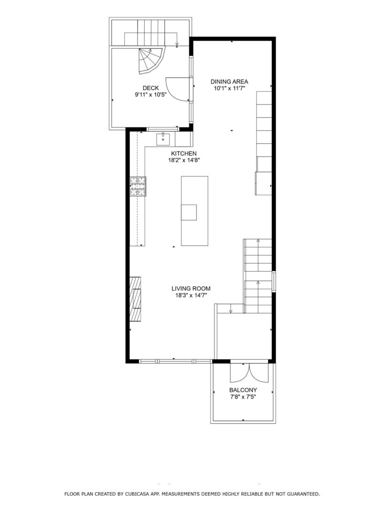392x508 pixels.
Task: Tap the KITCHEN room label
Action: click(x=183, y=154)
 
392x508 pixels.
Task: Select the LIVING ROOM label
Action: click(x=190, y=288)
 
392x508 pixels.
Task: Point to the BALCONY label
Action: click(x=243, y=390)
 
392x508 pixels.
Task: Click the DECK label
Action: click(x=150, y=88)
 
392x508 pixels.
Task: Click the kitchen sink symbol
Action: click(x=163, y=138)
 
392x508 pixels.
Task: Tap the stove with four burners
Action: click(x=138, y=186)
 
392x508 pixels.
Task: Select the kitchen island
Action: click(x=195, y=211)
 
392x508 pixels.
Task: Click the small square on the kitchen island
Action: click(x=189, y=213)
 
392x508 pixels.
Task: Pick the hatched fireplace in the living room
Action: click(x=136, y=299)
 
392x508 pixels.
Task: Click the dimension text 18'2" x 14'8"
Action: click(x=183, y=160)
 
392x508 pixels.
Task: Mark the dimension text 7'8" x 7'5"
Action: click(x=243, y=397)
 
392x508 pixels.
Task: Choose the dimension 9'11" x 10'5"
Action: click(x=150, y=95)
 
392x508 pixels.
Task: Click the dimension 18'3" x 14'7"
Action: click(x=190, y=295)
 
